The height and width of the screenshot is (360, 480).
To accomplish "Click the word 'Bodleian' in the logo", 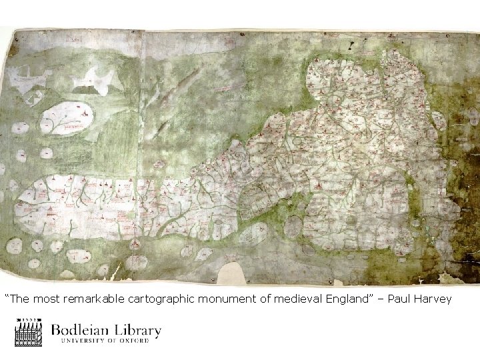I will click(83, 330).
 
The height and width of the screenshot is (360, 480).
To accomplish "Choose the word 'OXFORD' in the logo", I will click(141, 341).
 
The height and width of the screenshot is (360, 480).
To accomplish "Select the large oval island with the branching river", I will click(65, 118).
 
